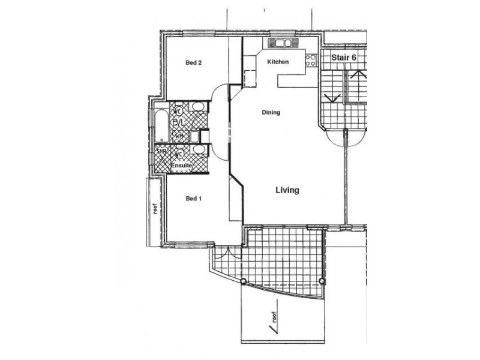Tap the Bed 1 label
(x=193, y=199)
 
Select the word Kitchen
(x=278, y=62)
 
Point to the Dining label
(x=271, y=112)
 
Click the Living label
(x=287, y=190)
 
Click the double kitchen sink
(x=283, y=43)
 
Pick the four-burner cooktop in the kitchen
(x=311, y=59)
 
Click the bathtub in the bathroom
(x=161, y=125)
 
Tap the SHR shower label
(x=161, y=152)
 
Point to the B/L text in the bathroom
(x=178, y=123)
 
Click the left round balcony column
(x=243, y=281)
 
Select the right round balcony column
(x=322, y=281)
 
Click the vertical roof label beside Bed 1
(x=154, y=209)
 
